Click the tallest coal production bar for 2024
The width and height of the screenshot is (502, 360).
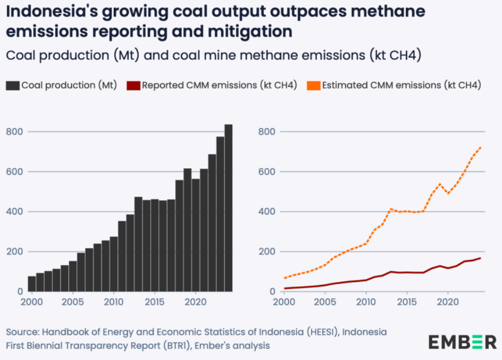pos(229,208)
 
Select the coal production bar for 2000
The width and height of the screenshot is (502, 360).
pos(32,284)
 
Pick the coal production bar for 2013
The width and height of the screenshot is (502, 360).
pos(138,244)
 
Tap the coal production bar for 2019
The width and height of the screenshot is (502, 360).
pos(187,230)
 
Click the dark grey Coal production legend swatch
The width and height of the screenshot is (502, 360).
pos(13,85)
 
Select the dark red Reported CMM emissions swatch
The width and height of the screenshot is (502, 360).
pos(134,85)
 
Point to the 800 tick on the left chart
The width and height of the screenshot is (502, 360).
pos(14,131)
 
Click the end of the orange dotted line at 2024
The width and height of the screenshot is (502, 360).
pos(481,147)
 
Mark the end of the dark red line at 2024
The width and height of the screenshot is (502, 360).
pos(481,258)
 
